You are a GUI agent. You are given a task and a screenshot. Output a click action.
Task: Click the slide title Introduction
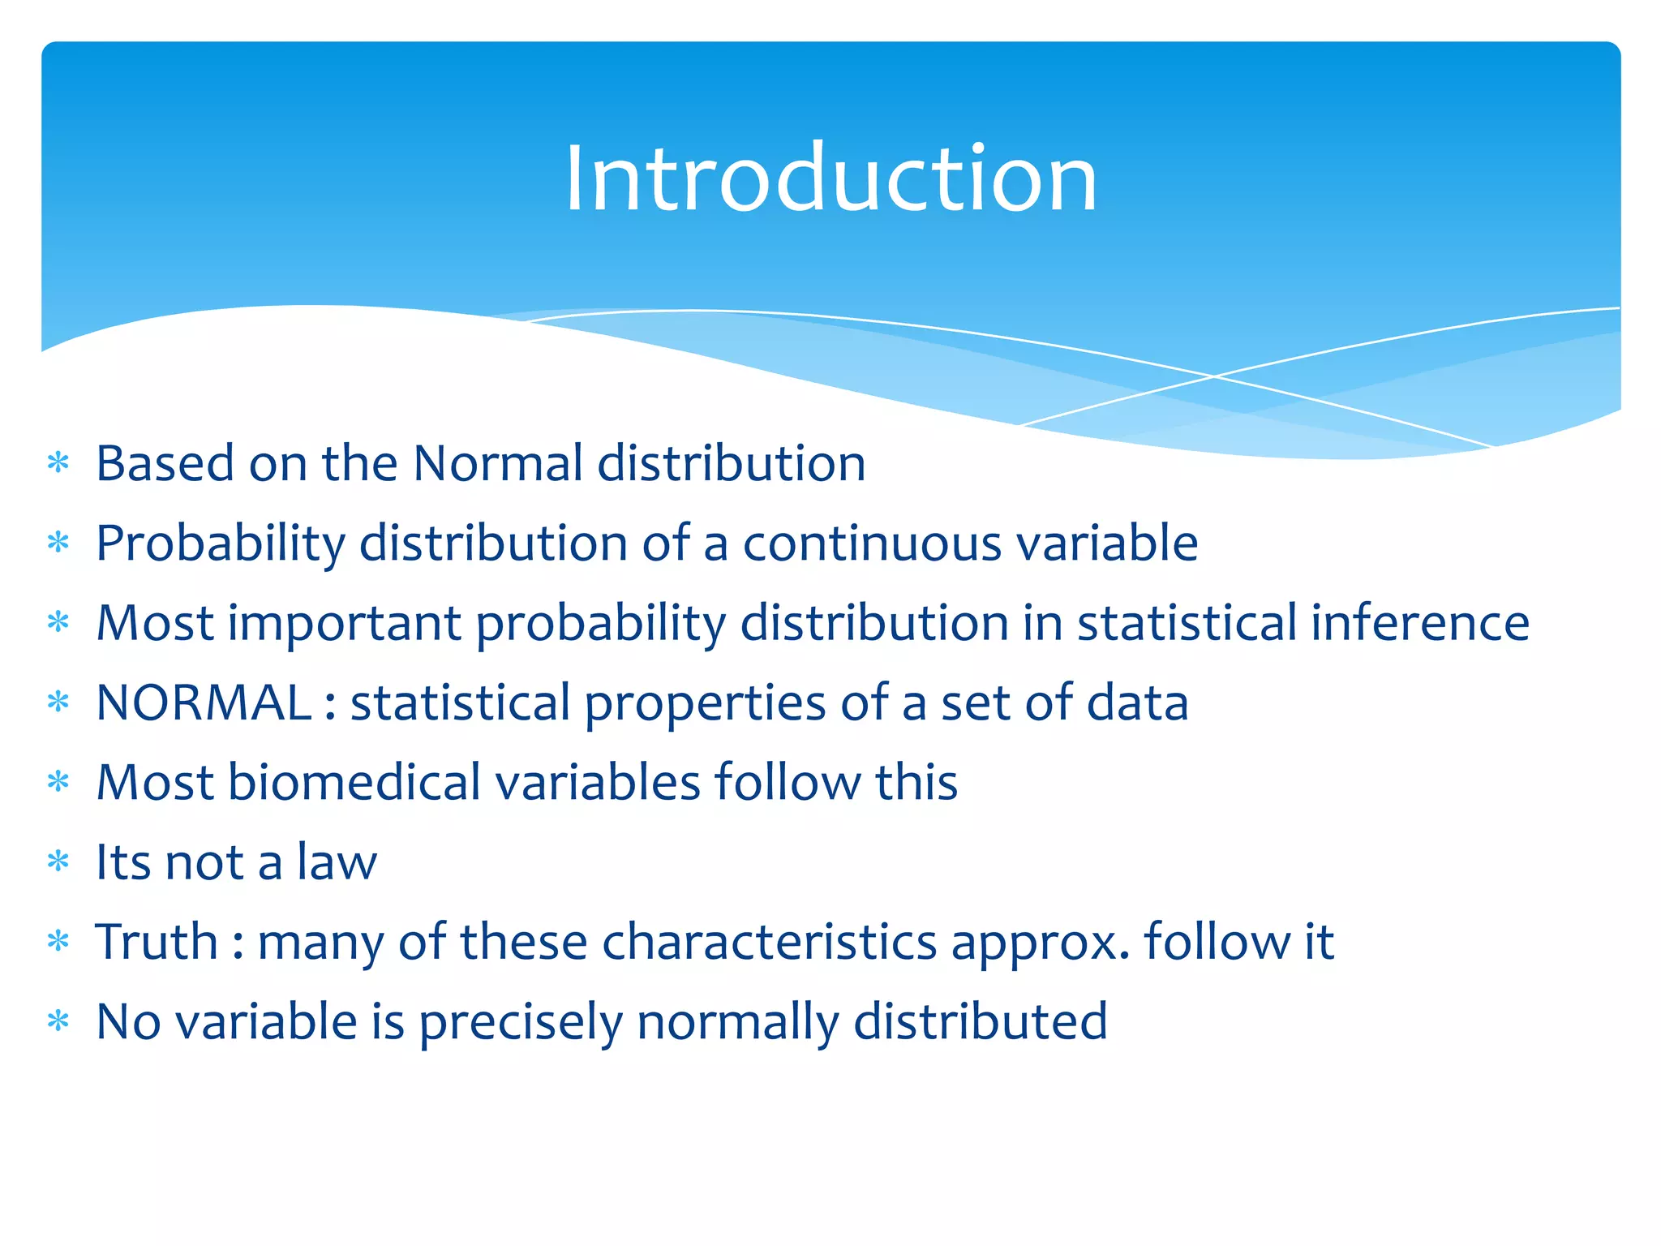pyautogui.click(x=830, y=178)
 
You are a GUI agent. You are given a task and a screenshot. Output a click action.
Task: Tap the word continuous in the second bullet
pyautogui.click(x=873, y=544)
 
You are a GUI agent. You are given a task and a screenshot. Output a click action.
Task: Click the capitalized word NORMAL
pyautogui.click(x=204, y=702)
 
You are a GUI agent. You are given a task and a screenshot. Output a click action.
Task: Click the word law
pyautogui.click(x=337, y=861)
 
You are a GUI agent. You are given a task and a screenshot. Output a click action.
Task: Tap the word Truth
pyautogui.click(x=157, y=942)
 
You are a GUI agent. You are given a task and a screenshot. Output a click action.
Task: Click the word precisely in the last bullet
pyautogui.click(x=520, y=1023)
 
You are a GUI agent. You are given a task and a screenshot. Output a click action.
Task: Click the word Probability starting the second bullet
pyautogui.click(x=220, y=544)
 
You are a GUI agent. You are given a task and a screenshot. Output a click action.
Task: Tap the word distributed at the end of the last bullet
pyautogui.click(x=981, y=1021)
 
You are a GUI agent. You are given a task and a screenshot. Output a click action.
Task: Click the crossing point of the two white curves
pyautogui.click(x=1213, y=376)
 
